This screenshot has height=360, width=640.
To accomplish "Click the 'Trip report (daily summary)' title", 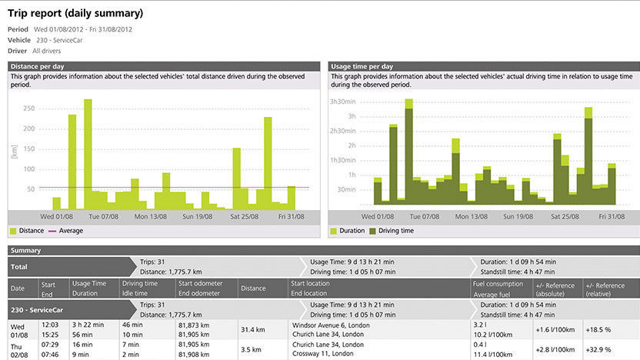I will coord(76,14).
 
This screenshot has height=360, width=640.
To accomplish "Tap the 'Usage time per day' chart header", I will coord(362,67).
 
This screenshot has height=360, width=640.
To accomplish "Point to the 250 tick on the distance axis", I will coord(28,108).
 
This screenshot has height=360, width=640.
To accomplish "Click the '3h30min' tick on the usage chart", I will coord(344,102).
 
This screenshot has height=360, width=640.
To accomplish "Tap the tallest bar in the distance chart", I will coord(88,154).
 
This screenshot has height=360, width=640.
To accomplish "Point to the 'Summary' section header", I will coord(26,251).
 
